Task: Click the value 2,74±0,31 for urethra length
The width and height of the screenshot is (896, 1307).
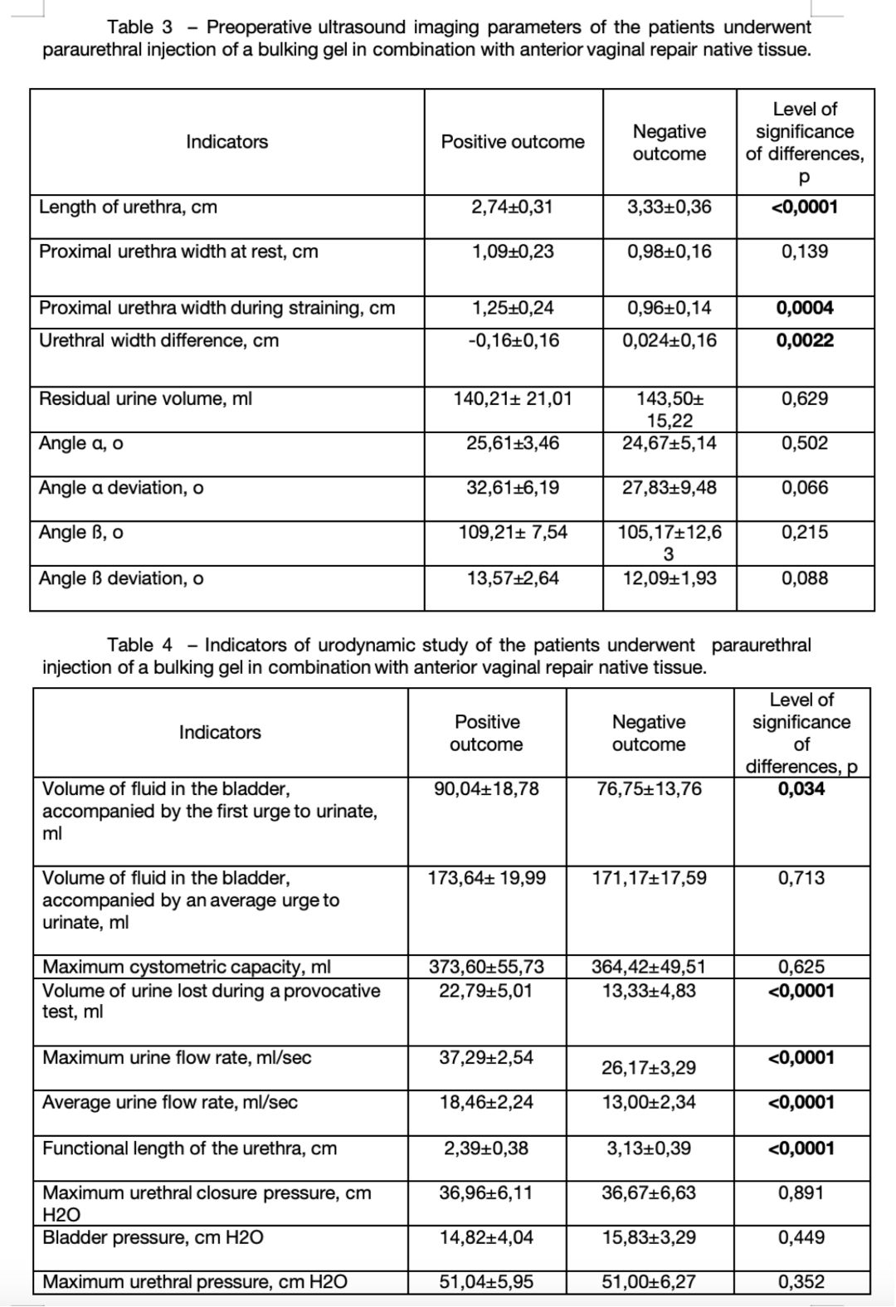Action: click(512, 207)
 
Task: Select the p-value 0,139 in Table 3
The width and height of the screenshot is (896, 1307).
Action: click(804, 252)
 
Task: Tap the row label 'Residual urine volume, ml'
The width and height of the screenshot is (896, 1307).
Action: click(145, 399)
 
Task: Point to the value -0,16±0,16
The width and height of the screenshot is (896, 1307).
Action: click(512, 341)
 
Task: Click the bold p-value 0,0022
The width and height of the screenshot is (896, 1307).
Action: click(805, 341)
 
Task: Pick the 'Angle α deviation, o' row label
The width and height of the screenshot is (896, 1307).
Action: click(121, 488)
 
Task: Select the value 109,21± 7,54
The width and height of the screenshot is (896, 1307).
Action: click(513, 533)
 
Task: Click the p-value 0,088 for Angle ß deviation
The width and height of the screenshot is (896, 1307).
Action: click(804, 578)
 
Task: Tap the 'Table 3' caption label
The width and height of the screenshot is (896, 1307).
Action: click(140, 27)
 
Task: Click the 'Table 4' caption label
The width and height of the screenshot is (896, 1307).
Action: click(140, 645)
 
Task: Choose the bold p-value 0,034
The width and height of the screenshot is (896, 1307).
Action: click(801, 789)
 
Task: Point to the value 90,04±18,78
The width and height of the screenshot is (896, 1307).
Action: click(486, 789)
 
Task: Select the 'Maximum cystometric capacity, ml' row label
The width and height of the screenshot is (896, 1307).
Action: click(187, 967)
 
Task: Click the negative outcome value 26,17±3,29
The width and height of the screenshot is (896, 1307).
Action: click(649, 1068)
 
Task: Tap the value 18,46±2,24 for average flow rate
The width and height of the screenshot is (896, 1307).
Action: click(486, 1103)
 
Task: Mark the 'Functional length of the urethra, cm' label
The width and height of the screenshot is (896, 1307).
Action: click(190, 1149)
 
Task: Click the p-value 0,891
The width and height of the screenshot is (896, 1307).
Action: click(801, 1193)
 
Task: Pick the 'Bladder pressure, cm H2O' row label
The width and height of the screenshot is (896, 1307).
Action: click(153, 1238)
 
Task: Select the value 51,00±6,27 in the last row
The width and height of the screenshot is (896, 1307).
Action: click(649, 1282)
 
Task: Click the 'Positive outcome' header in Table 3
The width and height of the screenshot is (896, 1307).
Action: click(513, 142)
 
